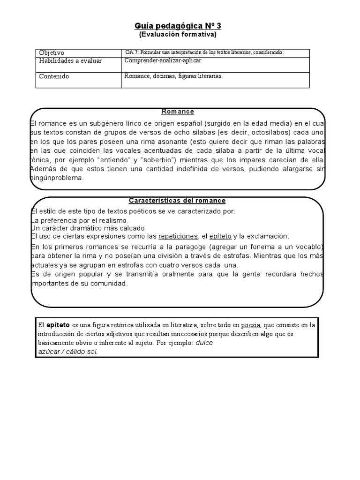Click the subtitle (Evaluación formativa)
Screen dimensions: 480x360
click(178, 34)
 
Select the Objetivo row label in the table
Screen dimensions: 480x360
click(52, 53)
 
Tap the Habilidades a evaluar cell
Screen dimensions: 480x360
click(70, 61)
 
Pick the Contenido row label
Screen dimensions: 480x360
click(54, 76)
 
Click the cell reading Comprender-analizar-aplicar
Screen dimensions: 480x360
click(163, 60)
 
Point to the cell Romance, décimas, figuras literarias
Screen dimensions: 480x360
click(173, 75)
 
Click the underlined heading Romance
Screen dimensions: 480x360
click(178, 112)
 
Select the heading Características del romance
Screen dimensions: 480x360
click(177, 201)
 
